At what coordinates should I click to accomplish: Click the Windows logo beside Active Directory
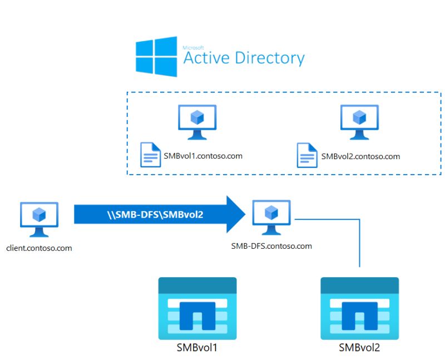point(156,57)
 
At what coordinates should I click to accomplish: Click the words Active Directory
point(244,58)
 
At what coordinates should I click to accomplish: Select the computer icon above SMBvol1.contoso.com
point(197,121)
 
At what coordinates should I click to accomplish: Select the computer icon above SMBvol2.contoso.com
point(359,121)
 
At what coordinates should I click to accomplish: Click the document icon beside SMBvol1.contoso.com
point(149,155)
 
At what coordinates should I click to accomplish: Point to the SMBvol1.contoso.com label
point(203,156)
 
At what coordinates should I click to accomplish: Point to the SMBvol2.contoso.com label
point(360,156)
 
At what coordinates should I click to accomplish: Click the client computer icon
point(39,219)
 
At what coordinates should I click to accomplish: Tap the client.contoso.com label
point(39,248)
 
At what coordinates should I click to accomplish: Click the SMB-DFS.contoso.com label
point(271,245)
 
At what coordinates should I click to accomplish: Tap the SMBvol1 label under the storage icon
point(197,348)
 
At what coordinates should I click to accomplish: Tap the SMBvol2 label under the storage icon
point(359,348)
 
